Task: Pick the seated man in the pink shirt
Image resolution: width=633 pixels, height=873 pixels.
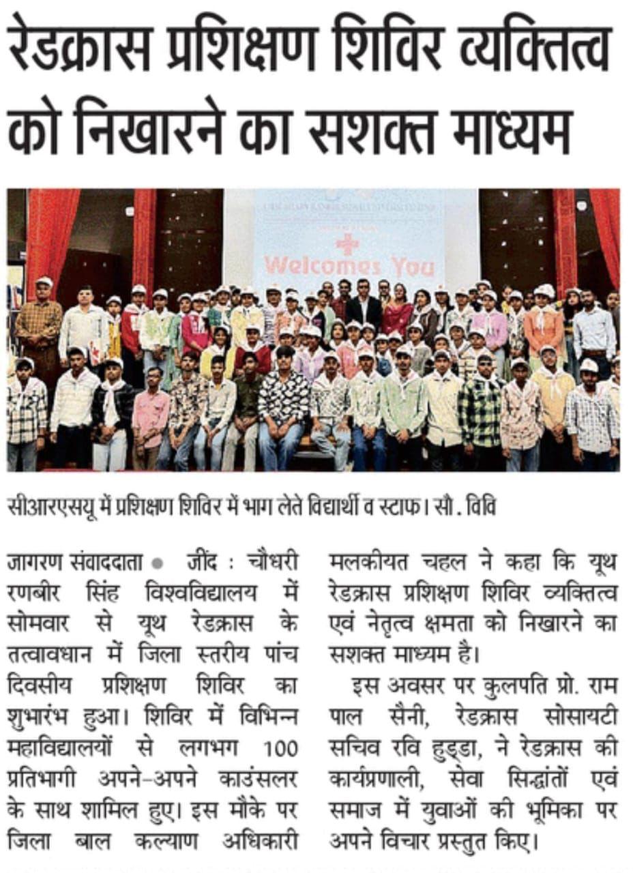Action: pos(151,409)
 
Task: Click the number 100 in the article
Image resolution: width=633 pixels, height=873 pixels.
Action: pos(282,749)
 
